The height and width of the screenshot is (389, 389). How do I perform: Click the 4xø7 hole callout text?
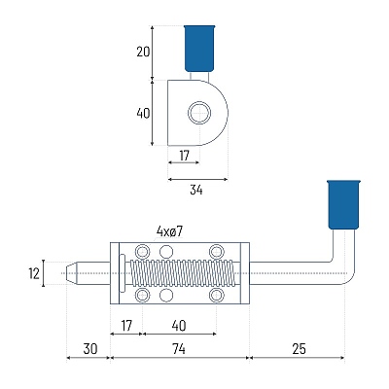(x=169, y=231)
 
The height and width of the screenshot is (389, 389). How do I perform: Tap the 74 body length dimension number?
(x=179, y=349)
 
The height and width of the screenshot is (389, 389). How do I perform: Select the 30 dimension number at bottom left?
(x=90, y=349)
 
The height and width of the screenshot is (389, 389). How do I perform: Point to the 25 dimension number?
(x=299, y=349)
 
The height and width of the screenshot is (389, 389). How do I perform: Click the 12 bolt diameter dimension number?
(x=34, y=273)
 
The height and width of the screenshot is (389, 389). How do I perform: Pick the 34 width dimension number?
(x=196, y=190)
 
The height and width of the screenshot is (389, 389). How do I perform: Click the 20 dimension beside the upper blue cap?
(x=143, y=52)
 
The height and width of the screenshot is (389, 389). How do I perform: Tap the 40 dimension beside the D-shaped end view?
(x=143, y=113)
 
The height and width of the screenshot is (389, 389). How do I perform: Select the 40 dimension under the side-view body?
(x=179, y=326)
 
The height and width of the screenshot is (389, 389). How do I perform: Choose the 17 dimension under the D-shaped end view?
(x=184, y=156)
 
